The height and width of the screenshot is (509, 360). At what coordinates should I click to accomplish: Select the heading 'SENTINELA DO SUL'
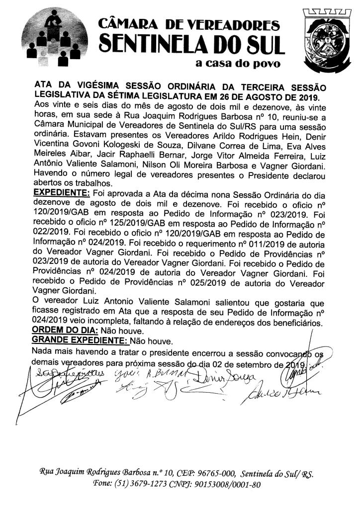click(x=190, y=44)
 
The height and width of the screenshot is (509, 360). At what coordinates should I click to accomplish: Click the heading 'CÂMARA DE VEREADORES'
click(x=189, y=23)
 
